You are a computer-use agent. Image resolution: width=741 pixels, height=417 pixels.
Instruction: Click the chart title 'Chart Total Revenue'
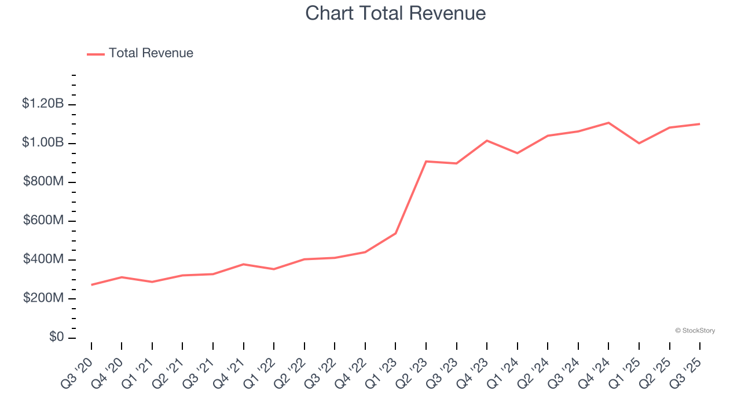(395, 13)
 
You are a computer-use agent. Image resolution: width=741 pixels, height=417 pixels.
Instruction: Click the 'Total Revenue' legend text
(151, 53)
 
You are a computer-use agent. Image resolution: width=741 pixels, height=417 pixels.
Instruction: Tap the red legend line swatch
(96, 54)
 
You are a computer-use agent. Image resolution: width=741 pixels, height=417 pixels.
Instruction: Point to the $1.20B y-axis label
(42, 104)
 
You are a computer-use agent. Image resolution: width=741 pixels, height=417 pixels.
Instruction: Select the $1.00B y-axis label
(42, 143)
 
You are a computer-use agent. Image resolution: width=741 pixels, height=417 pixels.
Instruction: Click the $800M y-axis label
(43, 182)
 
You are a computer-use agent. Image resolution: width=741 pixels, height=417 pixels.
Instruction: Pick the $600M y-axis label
(43, 221)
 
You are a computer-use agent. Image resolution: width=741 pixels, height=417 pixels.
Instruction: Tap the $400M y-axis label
(43, 259)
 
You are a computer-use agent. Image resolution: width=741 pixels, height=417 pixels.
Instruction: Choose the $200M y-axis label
(43, 298)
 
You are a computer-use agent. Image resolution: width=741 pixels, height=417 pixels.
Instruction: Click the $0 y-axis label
(56, 337)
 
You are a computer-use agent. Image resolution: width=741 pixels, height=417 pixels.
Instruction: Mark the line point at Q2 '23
(426, 161)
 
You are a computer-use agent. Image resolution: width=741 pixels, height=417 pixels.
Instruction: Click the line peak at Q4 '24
(608, 123)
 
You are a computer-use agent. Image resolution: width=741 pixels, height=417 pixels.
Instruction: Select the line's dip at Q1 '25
(639, 143)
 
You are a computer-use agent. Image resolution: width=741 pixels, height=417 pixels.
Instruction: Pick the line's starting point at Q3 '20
(91, 285)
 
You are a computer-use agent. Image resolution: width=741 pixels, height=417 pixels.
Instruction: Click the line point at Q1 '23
(395, 233)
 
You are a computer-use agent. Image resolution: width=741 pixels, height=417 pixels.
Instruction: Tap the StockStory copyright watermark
(695, 331)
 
